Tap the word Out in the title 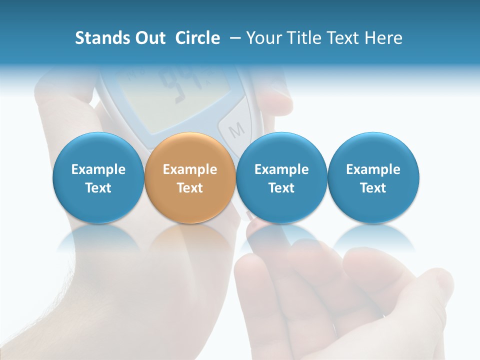(x=149, y=38)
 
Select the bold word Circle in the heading (x=197, y=38)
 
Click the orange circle (x=190, y=178)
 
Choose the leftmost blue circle (x=98, y=178)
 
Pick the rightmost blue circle (x=373, y=178)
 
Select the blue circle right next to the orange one (x=281, y=178)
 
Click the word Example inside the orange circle (x=190, y=169)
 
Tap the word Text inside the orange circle (x=190, y=188)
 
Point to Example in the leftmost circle (x=98, y=169)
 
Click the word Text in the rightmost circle (x=373, y=188)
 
